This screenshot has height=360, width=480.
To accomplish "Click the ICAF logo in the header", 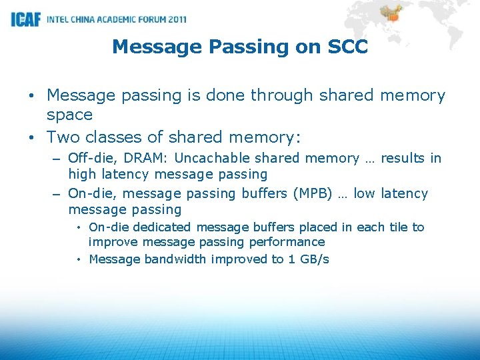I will [x=25, y=19].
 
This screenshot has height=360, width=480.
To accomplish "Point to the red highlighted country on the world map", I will [x=391, y=15].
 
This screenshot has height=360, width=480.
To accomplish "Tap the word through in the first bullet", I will [x=283, y=95].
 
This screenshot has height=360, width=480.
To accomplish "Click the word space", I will [x=69, y=115].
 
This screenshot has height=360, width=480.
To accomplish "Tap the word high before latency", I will [x=82, y=175].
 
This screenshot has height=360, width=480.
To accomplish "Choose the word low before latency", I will [x=365, y=193].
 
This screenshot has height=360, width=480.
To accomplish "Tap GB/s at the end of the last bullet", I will [x=314, y=259].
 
